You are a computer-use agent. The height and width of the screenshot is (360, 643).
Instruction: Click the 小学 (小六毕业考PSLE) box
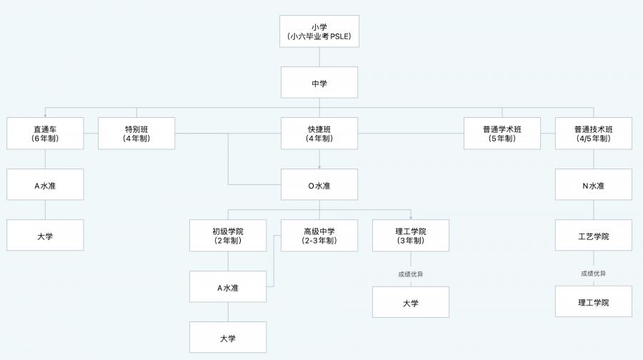319,31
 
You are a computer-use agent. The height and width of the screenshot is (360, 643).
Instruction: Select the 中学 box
319,83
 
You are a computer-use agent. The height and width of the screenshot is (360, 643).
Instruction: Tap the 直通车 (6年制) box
45,134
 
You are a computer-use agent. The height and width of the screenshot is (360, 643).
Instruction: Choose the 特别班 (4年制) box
136,134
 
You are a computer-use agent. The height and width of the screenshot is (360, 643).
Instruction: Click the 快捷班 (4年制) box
319,134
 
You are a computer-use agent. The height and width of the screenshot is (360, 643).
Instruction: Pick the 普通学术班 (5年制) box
502,134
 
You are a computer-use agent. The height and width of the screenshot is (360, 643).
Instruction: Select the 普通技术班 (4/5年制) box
593,134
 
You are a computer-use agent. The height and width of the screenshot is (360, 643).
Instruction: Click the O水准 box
319,185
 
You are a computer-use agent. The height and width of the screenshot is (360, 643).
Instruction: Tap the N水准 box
593,185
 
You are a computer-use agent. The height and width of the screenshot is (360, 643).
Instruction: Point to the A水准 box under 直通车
45,185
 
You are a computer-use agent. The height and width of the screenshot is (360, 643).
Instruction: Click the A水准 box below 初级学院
228,287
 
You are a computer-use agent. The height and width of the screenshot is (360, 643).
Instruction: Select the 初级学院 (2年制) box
228,236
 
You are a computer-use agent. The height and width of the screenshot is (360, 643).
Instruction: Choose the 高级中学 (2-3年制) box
319,236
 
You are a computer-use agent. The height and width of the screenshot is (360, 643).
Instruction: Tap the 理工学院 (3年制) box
410,236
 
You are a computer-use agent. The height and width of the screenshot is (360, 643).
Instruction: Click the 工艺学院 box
593,236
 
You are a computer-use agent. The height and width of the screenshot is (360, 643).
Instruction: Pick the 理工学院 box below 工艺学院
593,302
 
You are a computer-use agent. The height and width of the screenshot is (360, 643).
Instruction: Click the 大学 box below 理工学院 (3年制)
410,302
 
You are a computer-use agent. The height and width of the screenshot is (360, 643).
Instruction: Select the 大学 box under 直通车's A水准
45,236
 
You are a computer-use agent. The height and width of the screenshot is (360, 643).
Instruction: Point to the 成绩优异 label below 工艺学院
593,274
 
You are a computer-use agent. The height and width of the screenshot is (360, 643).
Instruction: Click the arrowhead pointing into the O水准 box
319,166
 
